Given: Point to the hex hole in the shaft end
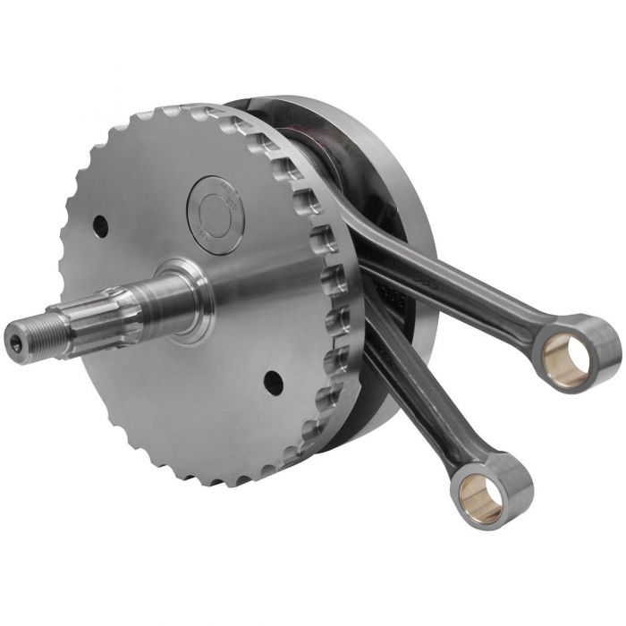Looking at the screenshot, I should point(15,339).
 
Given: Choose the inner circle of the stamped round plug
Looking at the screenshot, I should point(215,214).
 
